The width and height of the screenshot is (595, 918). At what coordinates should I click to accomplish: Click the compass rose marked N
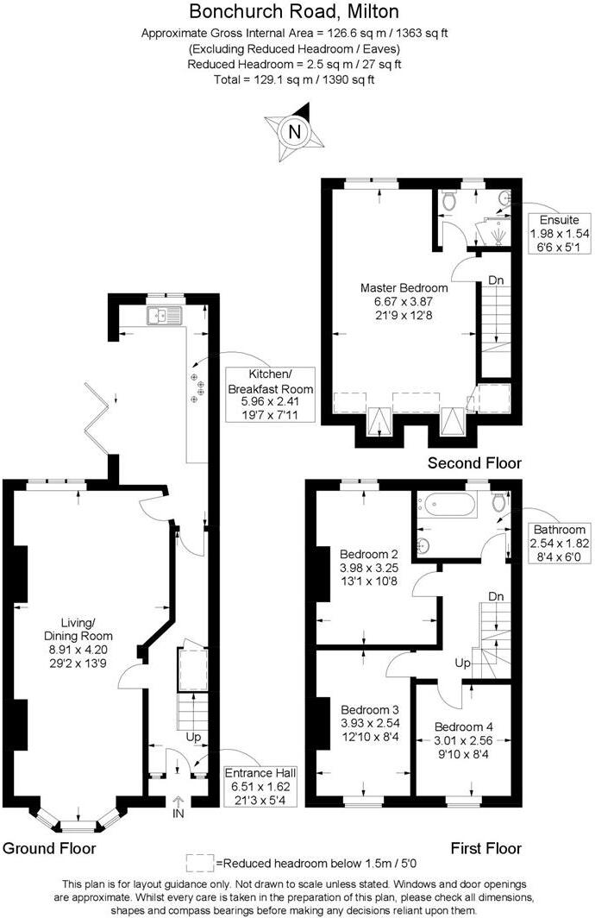click(x=295, y=131)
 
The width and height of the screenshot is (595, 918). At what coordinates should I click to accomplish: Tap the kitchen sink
click(x=163, y=315)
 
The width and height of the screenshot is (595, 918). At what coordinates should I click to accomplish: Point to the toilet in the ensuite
click(x=447, y=200)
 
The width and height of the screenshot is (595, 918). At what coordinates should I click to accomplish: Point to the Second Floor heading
click(x=474, y=463)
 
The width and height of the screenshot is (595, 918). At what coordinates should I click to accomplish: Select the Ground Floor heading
click(x=49, y=848)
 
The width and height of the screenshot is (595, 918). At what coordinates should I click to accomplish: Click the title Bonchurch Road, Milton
click(x=294, y=12)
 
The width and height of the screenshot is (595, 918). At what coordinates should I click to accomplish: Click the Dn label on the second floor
click(x=496, y=280)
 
